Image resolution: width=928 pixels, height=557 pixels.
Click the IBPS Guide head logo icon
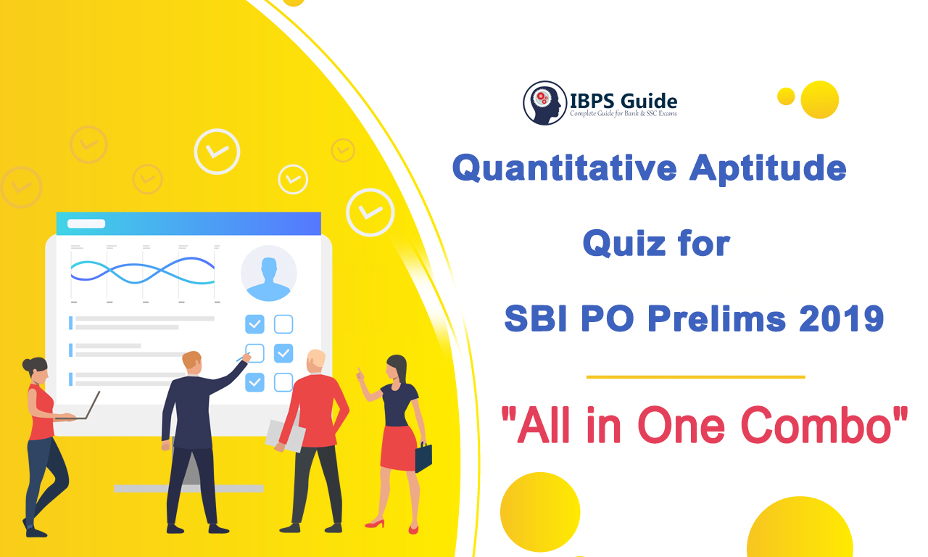[544, 103]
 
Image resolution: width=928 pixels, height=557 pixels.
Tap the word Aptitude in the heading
[768, 168]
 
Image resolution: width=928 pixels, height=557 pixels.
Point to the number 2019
[841, 318]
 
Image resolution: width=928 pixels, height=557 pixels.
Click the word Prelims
[717, 318]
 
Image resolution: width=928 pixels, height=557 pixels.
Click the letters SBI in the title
[535, 318]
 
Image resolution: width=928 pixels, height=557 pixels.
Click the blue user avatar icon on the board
[268, 274]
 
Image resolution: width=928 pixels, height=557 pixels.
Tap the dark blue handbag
[423, 456]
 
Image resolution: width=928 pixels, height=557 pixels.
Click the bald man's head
[315, 361]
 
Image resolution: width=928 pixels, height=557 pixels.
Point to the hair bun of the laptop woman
[27, 365]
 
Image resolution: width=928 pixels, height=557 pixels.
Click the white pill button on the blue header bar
[86, 224]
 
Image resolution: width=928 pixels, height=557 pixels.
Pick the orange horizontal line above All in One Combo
[695, 377]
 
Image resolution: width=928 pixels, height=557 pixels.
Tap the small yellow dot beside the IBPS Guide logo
[786, 96]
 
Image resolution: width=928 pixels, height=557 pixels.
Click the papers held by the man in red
[286, 436]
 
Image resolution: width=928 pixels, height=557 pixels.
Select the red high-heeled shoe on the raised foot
[375, 524]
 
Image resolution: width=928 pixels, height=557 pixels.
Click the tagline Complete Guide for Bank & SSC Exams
[623, 114]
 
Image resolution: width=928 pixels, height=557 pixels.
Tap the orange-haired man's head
[192, 362]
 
